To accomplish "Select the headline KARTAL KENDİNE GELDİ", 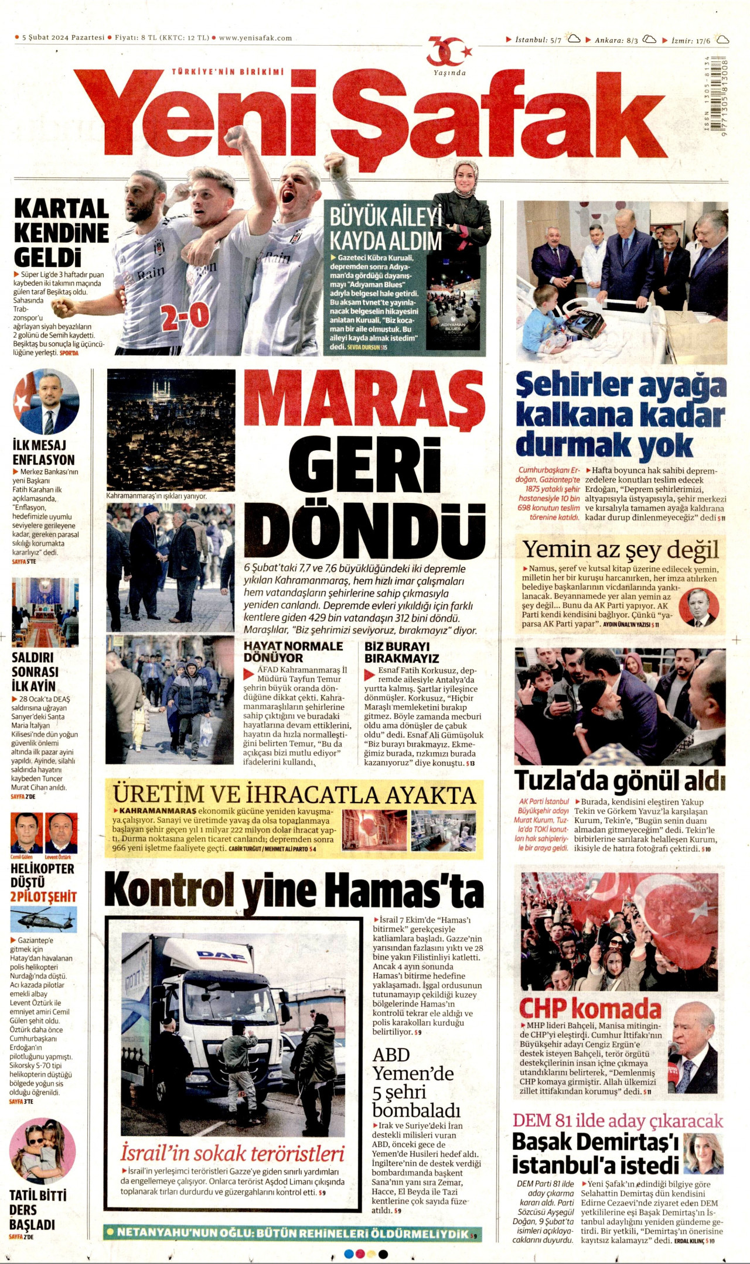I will tap(61, 233).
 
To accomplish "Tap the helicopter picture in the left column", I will tap(43, 919).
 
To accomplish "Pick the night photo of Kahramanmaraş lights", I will tap(171, 429).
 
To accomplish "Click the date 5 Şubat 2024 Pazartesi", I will tap(63, 38).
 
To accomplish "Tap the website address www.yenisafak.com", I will tap(255, 38).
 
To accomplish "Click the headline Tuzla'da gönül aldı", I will tap(619, 780).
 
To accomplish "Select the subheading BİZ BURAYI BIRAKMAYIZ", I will tap(401, 652).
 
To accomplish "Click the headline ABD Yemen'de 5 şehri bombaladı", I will tap(416, 1083).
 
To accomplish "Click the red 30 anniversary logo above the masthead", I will tap(448, 53).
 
